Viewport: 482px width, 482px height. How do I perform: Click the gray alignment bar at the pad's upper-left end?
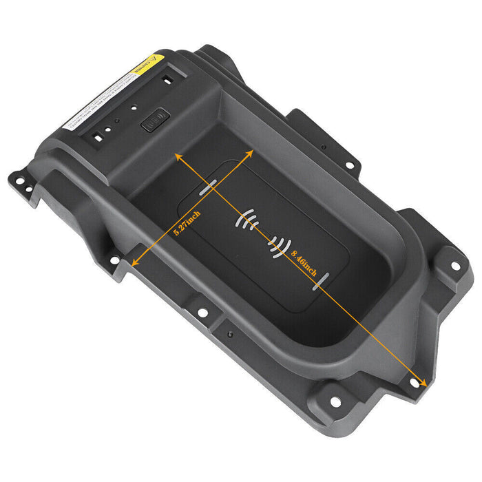(207, 188)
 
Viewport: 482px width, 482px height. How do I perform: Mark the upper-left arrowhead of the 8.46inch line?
(179, 158)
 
